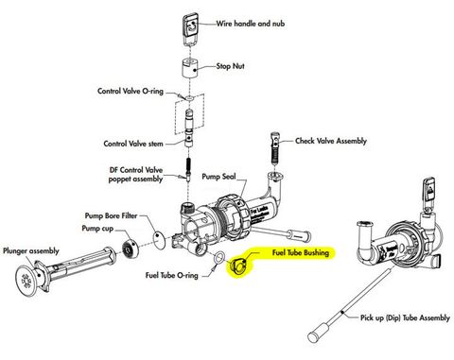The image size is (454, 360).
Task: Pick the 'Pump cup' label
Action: [x=99, y=229]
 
